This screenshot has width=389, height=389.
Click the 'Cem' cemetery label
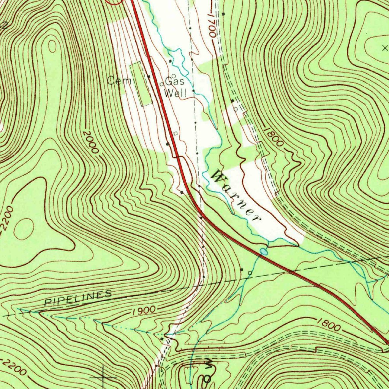(116, 81)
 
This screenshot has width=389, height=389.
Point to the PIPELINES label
(78, 298)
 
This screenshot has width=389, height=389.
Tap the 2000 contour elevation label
(90, 142)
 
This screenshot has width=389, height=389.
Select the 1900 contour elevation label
(144, 310)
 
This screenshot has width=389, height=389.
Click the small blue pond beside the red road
(263, 251)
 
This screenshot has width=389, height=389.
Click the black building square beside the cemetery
(149, 77)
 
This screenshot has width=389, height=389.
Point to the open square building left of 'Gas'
(161, 84)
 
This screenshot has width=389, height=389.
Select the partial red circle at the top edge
(115, 2)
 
